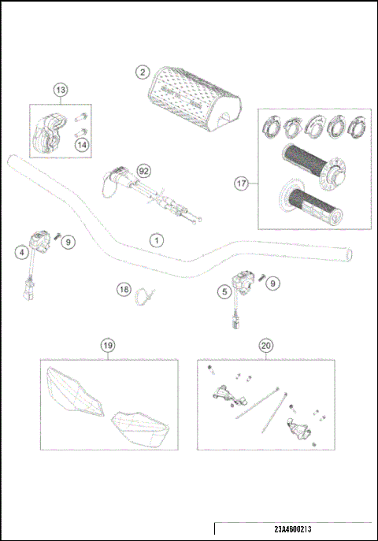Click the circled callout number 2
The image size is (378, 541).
pos(142,72)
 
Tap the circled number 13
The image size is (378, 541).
pos(61,91)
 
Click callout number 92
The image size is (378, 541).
pos(143,169)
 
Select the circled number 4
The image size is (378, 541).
pos(23,252)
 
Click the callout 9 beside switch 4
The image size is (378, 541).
pos(69,242)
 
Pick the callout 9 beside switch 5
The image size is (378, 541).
pos(272,283)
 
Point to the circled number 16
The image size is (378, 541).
pos(124,290)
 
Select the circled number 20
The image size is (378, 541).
pos(265,345)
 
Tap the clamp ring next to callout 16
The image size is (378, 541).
pos(146,297)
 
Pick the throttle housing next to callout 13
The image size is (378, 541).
pos(49,132)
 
